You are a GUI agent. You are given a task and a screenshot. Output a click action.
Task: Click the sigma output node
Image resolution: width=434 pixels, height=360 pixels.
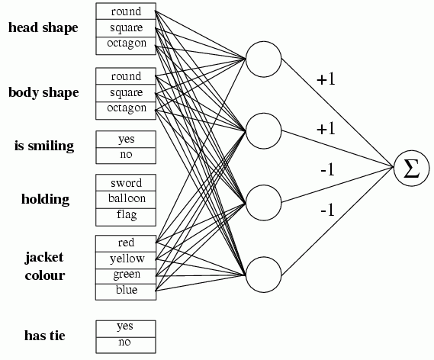point(411,168)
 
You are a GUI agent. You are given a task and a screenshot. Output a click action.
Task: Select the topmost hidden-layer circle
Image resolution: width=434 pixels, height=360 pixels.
point(263,59)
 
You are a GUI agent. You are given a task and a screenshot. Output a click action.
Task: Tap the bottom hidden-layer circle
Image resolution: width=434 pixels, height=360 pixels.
point(263,275)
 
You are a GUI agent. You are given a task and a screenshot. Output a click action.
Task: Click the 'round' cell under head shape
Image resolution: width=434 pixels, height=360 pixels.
point(126,11)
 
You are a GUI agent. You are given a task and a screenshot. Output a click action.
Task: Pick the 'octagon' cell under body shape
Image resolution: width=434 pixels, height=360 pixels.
point(126,111)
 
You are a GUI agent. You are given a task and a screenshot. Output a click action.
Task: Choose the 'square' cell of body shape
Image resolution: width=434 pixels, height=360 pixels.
point(126,93)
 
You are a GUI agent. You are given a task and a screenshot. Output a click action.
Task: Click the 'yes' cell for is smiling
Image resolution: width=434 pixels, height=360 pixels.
point(126,139)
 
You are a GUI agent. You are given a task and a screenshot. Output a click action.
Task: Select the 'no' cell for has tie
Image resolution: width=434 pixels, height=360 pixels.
point(126,345)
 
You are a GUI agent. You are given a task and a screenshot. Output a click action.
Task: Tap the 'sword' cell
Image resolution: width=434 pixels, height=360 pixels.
point(126,182)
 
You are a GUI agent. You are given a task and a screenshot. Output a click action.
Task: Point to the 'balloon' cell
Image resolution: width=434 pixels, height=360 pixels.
point(126,200)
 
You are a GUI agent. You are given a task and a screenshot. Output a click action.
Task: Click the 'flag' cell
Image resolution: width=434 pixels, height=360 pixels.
point(126,217)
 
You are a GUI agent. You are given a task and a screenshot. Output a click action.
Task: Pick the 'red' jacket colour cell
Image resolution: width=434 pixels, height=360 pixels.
point(126,243)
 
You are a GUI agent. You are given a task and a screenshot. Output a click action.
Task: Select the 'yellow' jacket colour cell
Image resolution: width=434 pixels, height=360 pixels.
point(126,260)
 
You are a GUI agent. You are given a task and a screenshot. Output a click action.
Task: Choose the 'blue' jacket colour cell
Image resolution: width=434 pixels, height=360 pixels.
point(126,291)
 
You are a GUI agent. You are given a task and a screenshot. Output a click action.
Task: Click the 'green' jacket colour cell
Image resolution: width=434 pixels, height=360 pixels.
point(126,276)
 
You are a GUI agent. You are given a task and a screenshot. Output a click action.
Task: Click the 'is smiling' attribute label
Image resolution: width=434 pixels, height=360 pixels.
point(44,146)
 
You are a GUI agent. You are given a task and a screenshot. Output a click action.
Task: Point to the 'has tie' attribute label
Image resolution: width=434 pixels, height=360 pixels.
point(45,336)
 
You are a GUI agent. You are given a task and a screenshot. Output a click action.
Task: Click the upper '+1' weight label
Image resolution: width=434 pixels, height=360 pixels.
point(326,79)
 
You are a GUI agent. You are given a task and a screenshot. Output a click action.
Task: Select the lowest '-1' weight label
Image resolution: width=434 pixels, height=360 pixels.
point(327,211)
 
